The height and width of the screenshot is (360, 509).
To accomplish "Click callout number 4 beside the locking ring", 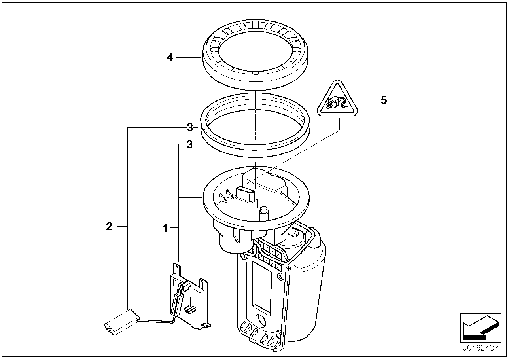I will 170,58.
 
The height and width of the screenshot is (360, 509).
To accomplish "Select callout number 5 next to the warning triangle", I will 383,100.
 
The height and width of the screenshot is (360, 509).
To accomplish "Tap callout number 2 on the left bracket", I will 109,227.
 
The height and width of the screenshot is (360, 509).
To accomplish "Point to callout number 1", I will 165,228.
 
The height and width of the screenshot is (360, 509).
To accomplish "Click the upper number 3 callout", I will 190,127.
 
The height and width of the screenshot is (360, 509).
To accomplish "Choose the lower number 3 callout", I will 189,145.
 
